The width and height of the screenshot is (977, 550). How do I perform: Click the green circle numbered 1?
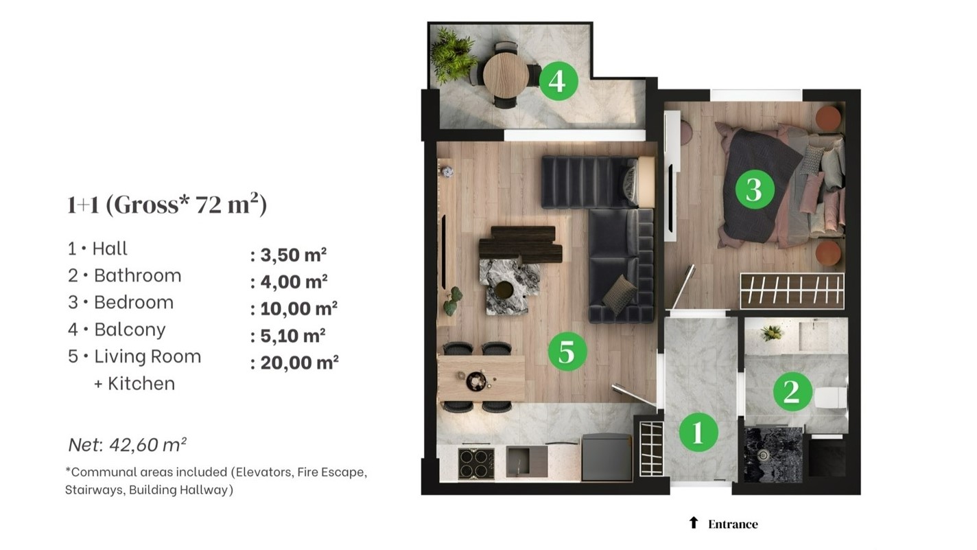point(698,433)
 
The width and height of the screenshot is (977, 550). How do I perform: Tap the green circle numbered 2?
point(792,391)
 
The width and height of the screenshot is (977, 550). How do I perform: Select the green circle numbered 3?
point(755,190)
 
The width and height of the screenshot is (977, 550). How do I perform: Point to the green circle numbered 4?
point(558,81)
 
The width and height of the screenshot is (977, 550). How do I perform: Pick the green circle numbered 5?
point(567,351)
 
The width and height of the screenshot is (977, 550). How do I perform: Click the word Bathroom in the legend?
point(137,275)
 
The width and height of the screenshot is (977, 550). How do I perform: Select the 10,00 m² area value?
point(294,308)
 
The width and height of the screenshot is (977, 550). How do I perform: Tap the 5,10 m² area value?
point(288,336)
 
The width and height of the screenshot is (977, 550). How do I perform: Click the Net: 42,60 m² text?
point(128,444)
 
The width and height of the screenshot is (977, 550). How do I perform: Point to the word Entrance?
point(733,524)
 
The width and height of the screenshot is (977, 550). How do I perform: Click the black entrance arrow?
point(694,523)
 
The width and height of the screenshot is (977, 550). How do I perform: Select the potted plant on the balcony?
point(452,54)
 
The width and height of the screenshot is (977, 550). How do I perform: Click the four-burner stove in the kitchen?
point(476,463)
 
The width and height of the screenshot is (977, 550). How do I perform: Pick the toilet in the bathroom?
point(830,397)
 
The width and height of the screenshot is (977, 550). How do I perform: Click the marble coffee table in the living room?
point(509,286)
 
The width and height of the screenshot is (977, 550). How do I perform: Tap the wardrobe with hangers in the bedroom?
point(792,291)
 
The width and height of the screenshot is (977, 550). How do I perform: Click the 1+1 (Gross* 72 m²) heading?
point(167,204)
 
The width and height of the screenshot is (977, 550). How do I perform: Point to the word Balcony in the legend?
point(130,330)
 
